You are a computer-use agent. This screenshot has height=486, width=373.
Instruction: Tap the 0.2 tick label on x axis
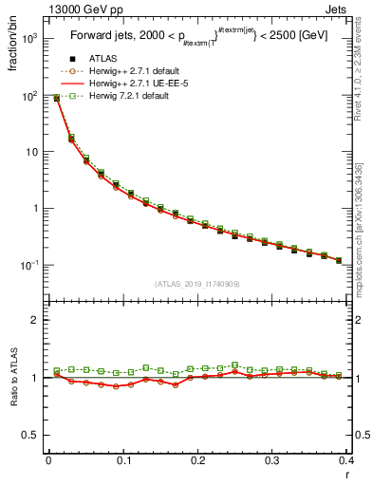click(x=197, y=461)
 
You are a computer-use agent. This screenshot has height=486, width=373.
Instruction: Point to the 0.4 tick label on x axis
click(x=345, y=461)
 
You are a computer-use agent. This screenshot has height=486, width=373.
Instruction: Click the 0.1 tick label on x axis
click(x=123, y=461)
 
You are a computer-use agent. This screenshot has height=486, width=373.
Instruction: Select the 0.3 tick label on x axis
click(x=271, y=461)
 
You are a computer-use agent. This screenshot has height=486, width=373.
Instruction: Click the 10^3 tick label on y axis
click(x=31, y=41)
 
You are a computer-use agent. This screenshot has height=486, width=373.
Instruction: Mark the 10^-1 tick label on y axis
click(x=31, y=265)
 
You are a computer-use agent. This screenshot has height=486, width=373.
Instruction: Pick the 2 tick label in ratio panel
click(x=35, y=321)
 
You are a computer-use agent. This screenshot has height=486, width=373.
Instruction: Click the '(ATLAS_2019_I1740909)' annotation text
click(x=197, y=283)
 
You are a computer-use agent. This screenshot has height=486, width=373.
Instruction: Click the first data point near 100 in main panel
click(x=56, y=98)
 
